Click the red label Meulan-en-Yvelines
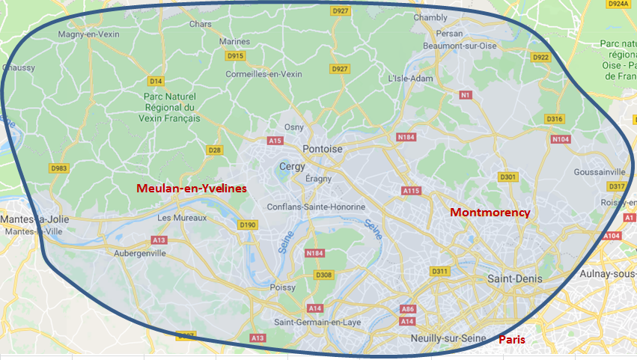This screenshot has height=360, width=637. pyautogui.click(x=191, y=189)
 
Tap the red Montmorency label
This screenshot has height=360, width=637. pyautogui.click(x=490, y=213)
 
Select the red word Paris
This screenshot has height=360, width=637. pyautogui.click(x=512, y=340)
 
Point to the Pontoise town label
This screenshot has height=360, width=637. pyautogui.click(x=323, y=149)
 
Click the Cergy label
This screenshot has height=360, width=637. pyautogui.click(x=291, y=166)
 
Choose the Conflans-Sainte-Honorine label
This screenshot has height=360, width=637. pyautogui.click(x=317, y=207)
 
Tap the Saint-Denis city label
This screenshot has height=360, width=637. pyautogui.click(x=514, y=278)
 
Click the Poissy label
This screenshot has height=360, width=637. pyautogui.click(x=282, y=287)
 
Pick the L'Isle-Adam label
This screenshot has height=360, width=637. pyautogui.click(x=411, y=78)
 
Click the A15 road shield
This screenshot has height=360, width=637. pyautogui.click(x=275, y=141)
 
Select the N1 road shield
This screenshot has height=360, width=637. pyautogui.click(x=466, y=95)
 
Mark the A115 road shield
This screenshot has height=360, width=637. pyautogui.click(x=411, y=192)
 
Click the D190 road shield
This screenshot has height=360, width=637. pyautogui.click(x=247, y=225)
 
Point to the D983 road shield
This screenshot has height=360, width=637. pyautogui.click(x=58, y=168)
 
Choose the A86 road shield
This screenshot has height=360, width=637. pyautogui.click(x=408, y=308)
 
